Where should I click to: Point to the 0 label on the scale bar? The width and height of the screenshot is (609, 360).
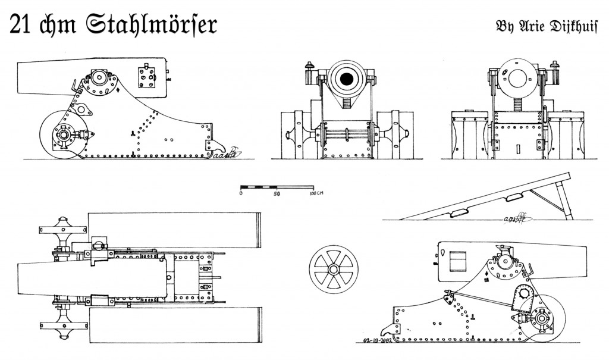tap(241, 194)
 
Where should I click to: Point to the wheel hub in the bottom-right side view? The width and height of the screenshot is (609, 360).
tap(542, 320)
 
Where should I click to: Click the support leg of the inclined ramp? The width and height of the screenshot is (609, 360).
tap(563, 199)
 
